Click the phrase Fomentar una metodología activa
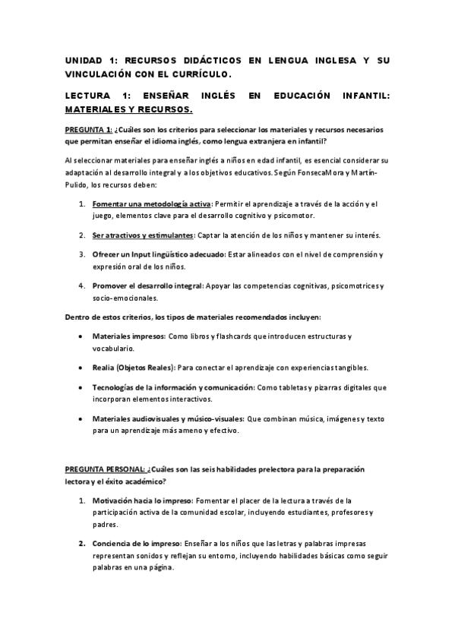click(x=151, y=205)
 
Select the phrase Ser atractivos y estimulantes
click(x=143, y=235)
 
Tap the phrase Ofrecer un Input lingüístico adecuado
click(x=157, y=254)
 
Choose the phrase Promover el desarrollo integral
click(x=147, y=286)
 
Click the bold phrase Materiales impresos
click(x=128, y=336)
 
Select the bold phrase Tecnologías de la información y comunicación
click(x=173, y=387)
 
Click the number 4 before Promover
click(x=81, y=286)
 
